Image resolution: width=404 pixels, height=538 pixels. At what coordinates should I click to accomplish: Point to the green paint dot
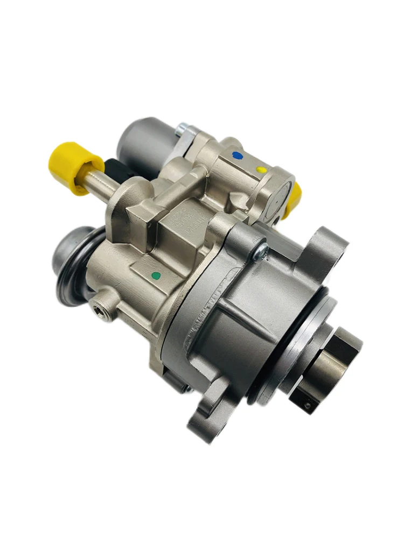(157, 275)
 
